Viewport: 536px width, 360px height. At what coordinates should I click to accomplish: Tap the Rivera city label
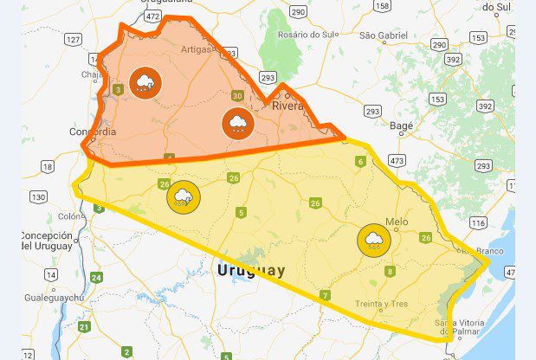tap(288, 106)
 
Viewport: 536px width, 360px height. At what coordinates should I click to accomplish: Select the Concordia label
tap(93, 132)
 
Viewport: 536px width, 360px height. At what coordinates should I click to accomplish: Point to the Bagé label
tap(403, 125)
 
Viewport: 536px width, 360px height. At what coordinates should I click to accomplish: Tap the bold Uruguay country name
tap(250, 271)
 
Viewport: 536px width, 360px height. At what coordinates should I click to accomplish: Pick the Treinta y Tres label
tap(380, 303)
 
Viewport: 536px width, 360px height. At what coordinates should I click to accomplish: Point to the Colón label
tap(70, 216)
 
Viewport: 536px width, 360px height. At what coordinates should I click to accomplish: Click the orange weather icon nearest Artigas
tap(145, 83)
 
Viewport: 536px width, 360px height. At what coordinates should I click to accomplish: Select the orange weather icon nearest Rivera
tap(236, 124)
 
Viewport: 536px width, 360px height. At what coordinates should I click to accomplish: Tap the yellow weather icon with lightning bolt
tap(183, 197)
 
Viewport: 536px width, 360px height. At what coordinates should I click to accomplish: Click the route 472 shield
tap(153, 16)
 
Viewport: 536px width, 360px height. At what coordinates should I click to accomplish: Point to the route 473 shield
tap(397, 160)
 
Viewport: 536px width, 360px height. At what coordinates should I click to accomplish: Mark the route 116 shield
tap(477, 223)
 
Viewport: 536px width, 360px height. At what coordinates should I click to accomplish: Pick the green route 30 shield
tap(237, 96)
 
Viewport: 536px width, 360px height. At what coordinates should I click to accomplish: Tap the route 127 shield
tap(73, 40)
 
